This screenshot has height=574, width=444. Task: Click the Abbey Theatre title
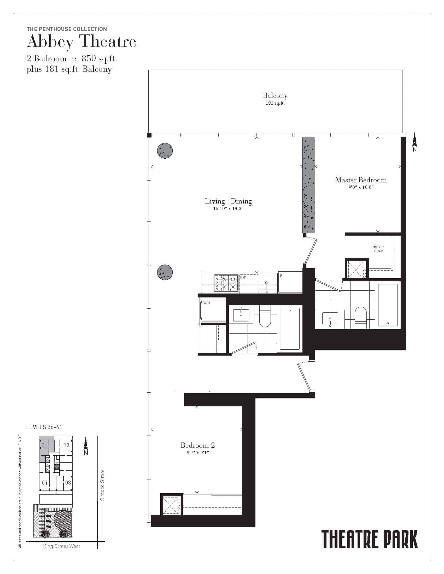81,42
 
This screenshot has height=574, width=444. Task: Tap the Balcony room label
275,95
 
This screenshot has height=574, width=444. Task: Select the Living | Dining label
228,201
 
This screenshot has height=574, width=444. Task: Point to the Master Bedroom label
361,180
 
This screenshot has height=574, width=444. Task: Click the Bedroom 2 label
197,445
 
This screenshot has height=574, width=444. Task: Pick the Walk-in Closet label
378,249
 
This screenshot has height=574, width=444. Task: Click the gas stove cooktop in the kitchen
226,283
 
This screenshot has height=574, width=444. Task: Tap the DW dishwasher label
243,277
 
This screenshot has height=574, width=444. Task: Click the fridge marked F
290,282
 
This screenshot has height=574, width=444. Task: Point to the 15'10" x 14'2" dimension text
228,208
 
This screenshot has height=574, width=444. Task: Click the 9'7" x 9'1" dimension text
197,453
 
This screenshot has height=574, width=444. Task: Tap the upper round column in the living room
165,151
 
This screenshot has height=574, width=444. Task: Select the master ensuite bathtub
388,305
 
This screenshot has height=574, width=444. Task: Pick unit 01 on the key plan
44,445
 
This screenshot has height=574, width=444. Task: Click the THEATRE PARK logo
370,539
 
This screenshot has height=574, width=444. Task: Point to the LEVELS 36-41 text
44,427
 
